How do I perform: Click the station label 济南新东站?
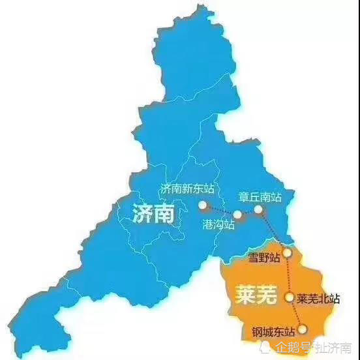coord(187,188)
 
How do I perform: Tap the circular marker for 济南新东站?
coord(202,206)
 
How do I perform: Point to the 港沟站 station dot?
coord(237,215)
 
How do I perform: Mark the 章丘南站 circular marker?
coord(258,209)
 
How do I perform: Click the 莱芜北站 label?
coord(318,299)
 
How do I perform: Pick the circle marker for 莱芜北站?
coord(290,297)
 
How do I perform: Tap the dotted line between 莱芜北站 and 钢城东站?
coord(296,313)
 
